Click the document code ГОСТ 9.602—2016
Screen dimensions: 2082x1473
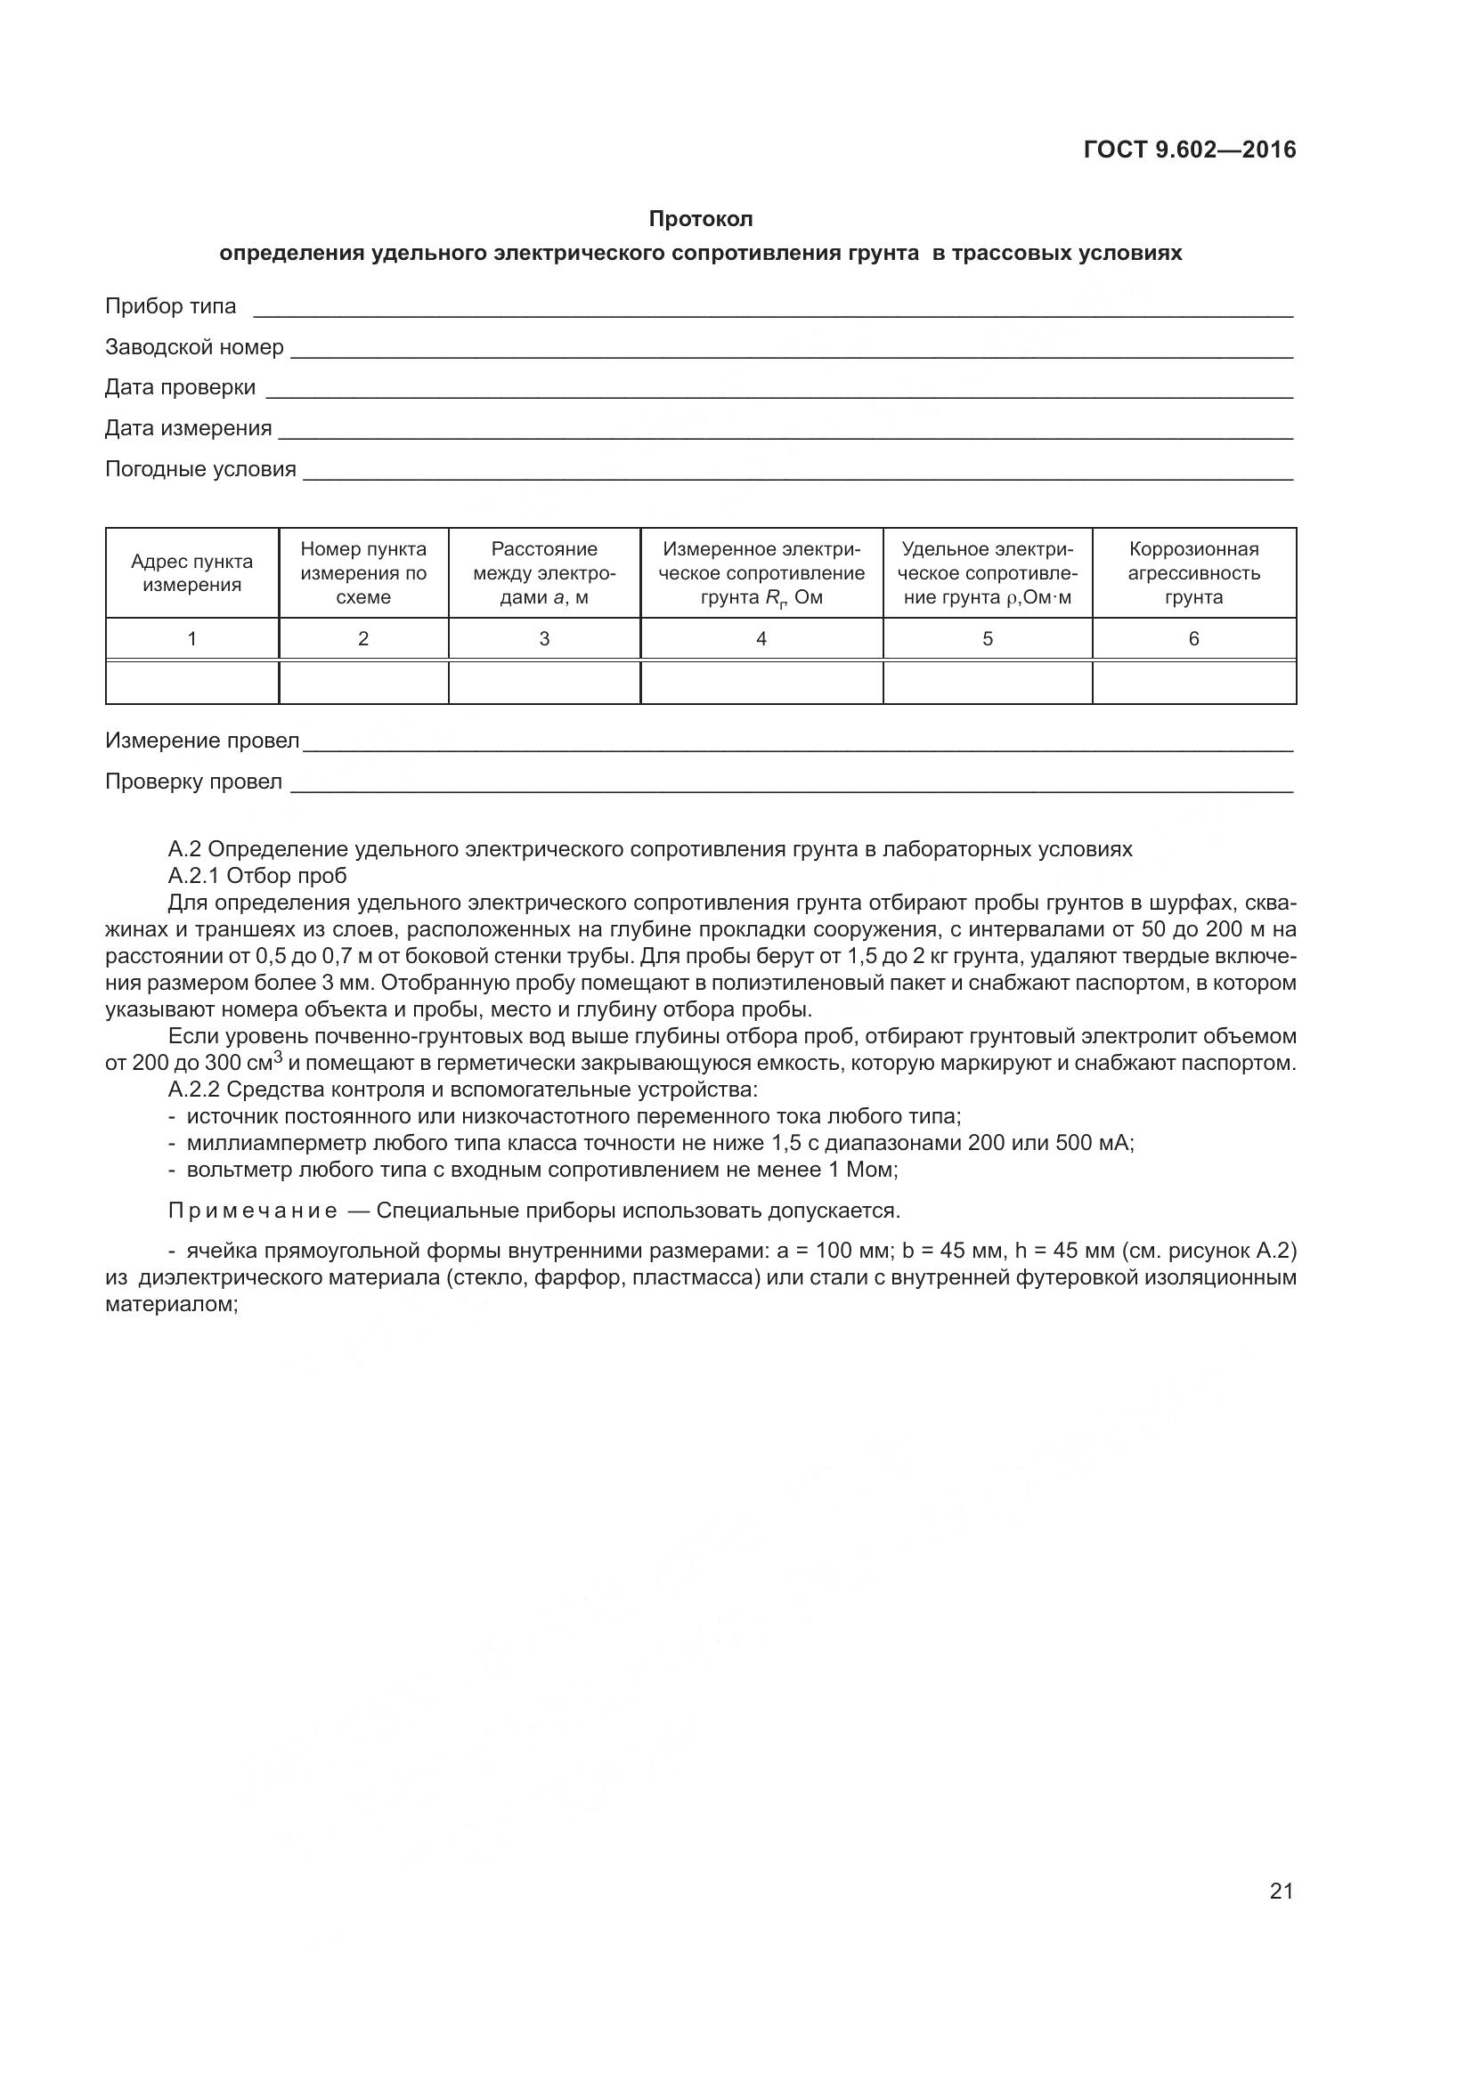click(x=1189, y=150)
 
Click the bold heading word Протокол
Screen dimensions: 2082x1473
click(x=700, y=219)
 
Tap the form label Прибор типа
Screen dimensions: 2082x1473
click(x=170, y=306)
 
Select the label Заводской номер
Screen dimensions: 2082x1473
click(x=194, y=347)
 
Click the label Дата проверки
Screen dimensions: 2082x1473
click(x=180, y=387)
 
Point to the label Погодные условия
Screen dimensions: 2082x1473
click(x=200, y=469)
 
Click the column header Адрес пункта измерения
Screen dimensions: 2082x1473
click(x=192, y=573)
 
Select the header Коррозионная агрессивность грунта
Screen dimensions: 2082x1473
click(x=1193, y=573)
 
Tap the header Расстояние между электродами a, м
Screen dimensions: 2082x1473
click(x=544, y=573)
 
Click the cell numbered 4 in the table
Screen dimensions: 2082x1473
click(x=761, y=638)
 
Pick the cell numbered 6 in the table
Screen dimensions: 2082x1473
click(x=1193, y=638)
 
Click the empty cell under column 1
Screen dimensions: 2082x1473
click(x=192, y=682)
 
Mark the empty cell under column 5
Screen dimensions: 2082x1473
click(x=987, y=682)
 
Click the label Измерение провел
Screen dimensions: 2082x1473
click(x=201, y=741)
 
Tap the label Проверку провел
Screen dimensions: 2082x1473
click(x=193, y=782)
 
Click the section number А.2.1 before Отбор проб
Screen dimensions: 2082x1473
click(x=193, y=876)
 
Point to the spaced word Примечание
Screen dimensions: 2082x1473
click(x=253, y=1211)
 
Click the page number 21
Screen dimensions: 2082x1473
click(x=1281, y=1891)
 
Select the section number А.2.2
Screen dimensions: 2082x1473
click(x=194, y=1089)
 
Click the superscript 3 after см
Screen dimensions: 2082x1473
click(x=279, y=1057)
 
